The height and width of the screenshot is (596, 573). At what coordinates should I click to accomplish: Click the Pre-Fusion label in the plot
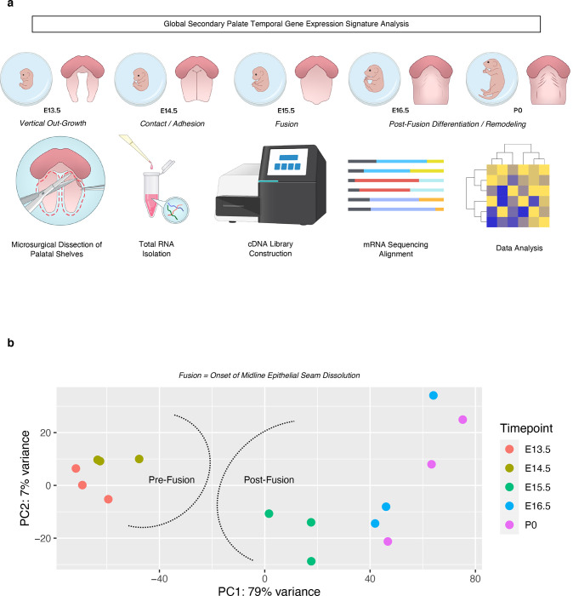coord(172,480)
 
